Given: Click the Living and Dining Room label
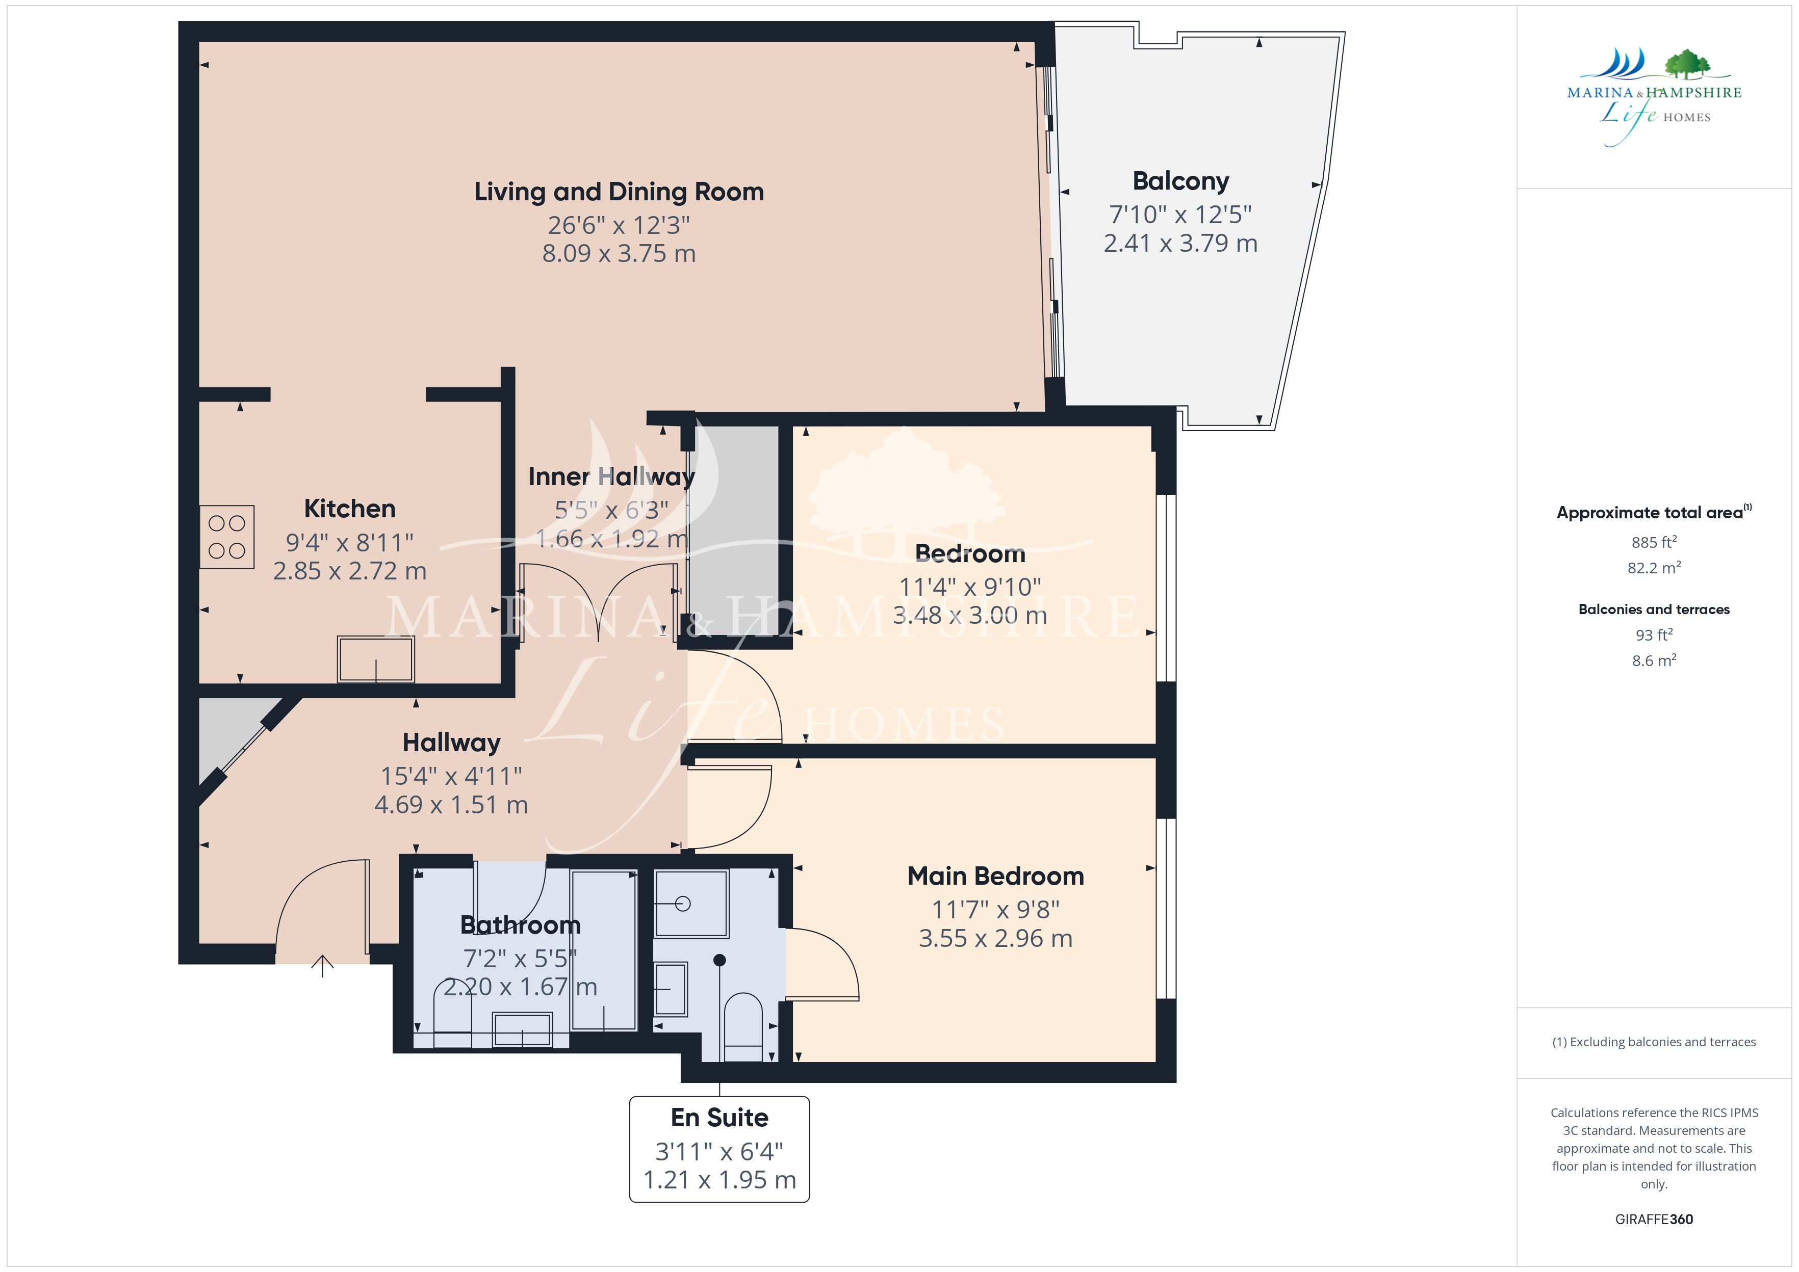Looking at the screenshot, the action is point(619,192).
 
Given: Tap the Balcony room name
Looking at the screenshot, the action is point(1181,181).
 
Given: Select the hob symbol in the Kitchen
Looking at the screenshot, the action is point(226,537).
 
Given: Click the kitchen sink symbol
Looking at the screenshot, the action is point(376,659).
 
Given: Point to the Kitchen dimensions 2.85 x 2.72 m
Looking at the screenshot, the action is point(349,571).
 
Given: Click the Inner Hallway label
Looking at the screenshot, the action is point(611,476).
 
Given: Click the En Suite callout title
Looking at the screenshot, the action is point(719,1117).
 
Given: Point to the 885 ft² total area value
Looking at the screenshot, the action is point(1654,542).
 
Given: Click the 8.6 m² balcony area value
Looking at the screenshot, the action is point(1654,660).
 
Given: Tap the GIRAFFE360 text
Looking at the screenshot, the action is point(1654,1220).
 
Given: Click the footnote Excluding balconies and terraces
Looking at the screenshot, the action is point(1654,1042).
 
